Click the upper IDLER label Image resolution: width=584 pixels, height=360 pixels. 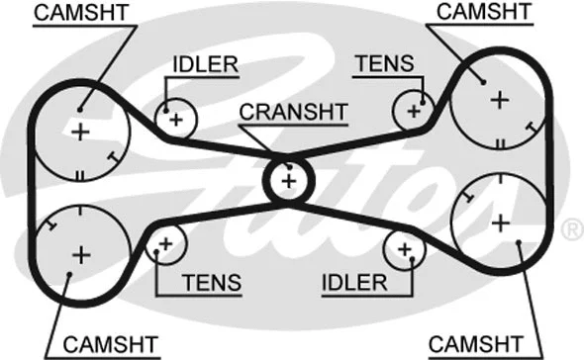pyautogui.click(x=205, y=65)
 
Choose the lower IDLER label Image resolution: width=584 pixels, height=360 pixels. pyautogui.click(x=353, y=283)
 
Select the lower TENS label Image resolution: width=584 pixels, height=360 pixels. pyautogui.click(x=211, y=283)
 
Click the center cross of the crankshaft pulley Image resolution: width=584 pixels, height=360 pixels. pyautogui.click(x=288, y=181)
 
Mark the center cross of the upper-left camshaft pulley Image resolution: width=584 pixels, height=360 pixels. pyautogui.click(x=80, y=132)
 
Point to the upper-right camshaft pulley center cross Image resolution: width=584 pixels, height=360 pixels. pyautogui.click(x=499, y=98)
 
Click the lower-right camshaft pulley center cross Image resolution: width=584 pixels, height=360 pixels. pyautogui.click(x=502, y=220)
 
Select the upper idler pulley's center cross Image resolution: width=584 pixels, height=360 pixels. pyautogui.click(x=176, y=120)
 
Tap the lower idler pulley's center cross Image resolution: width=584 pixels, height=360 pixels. pyautogui.click(x=404, y=249)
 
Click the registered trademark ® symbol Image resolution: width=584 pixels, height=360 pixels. pyautogui.click(x=571, y=230)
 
